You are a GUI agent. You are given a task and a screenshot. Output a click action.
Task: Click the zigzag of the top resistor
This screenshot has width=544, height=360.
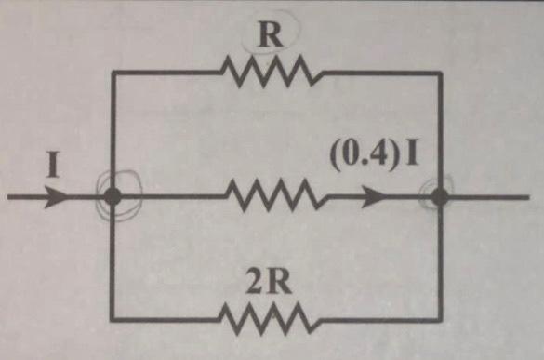tap(270, 72)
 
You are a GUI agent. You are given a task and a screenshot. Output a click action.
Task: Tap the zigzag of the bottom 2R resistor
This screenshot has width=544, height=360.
tap(270, 320)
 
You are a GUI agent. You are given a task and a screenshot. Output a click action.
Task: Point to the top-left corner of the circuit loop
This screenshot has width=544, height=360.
tap(113, 72)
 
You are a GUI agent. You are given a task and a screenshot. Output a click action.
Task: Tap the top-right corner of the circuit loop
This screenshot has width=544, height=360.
tap(441, 72)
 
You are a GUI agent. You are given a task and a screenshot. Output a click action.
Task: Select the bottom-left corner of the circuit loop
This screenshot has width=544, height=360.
tap(113, 320)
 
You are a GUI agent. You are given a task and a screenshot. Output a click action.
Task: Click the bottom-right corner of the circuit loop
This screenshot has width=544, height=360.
tap(441, 320)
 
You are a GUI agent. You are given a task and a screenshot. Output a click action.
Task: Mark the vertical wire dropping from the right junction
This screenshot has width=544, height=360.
tap(441, 260)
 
